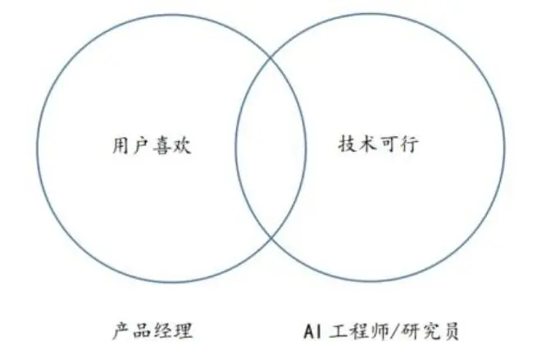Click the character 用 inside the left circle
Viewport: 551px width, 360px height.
pyautogui.click(x=119, y=146)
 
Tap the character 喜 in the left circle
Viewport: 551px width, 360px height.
pyautogui.click(x=164, y=146)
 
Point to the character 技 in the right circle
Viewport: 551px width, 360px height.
pyautogui.click(x=348, y=145)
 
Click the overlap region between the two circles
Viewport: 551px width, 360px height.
pyautogui.click(x=271, y=146)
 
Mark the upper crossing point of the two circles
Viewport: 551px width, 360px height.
pyautogui.click(x=271, y=56)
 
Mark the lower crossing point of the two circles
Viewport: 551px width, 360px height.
pyautogui.click(x=271, y=237)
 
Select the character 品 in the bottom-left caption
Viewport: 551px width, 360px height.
pyautogui.click(x=141, y=332)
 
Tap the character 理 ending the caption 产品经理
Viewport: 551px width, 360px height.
pyautogui.click(x=184, y=332)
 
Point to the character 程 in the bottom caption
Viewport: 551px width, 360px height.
pyautogui.click(x=357, y=332)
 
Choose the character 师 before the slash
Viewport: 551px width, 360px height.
pyautogui.click(x=379, y=332)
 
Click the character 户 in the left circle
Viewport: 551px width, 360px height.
pyautogui.click(x=141, y=146)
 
